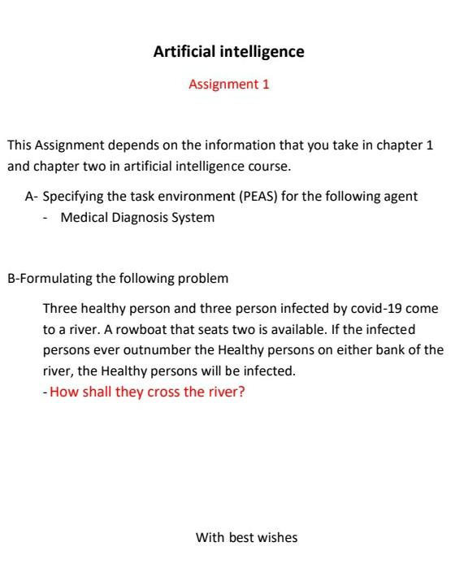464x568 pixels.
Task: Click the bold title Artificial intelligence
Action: [x=228, y=52]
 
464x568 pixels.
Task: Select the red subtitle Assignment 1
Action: [x=228, y=84]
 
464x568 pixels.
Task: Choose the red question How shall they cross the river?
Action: [x=147, y=392]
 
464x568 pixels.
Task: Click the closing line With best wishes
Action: [x=246, y=537]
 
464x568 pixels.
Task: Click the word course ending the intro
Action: [x=271, y=167]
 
